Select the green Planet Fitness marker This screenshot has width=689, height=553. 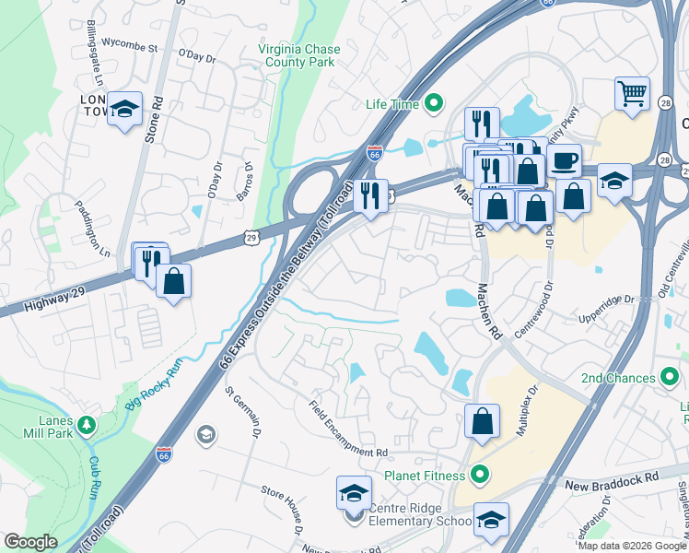(478, 476)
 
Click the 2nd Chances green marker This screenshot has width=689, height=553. (670, 378)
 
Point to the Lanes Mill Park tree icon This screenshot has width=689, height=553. (86, 426)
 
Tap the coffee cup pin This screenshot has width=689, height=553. (564, 161)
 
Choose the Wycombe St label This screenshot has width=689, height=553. (129, 42)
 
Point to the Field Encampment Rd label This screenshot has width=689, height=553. (348, 429)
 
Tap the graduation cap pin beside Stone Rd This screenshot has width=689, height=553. (124, 110)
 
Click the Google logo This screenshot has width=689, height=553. (31, 542)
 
